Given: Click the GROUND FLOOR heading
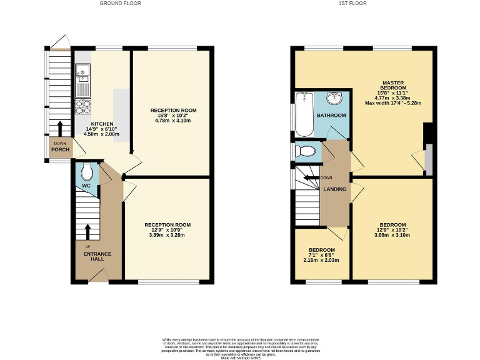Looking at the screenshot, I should pyautogui.click(x=120, y=3).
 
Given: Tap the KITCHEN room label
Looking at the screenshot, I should pyautogui.click(x=102, y=124).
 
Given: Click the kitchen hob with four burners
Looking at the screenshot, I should pyautogui.click(x=82, y=107).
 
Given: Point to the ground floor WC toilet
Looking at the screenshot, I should pyautogui.click(x=87, y=171).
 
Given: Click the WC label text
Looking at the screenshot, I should pyautogui.click(x=86, y=186).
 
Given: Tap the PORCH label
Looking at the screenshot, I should pyautogui.click(x=59, y=149).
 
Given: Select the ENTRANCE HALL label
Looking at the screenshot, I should pyautogui.click(x=98, y=256).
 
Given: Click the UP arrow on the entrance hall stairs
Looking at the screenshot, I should pyautogui.click(x=87, y=232).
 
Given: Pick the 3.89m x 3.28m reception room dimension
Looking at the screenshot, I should pyautogui.click(x=167, y=235).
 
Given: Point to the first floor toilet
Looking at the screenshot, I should pyautogui.click(x=306, y=151).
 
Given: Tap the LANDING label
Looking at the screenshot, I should pyautogui.click(x=334, y=189).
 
